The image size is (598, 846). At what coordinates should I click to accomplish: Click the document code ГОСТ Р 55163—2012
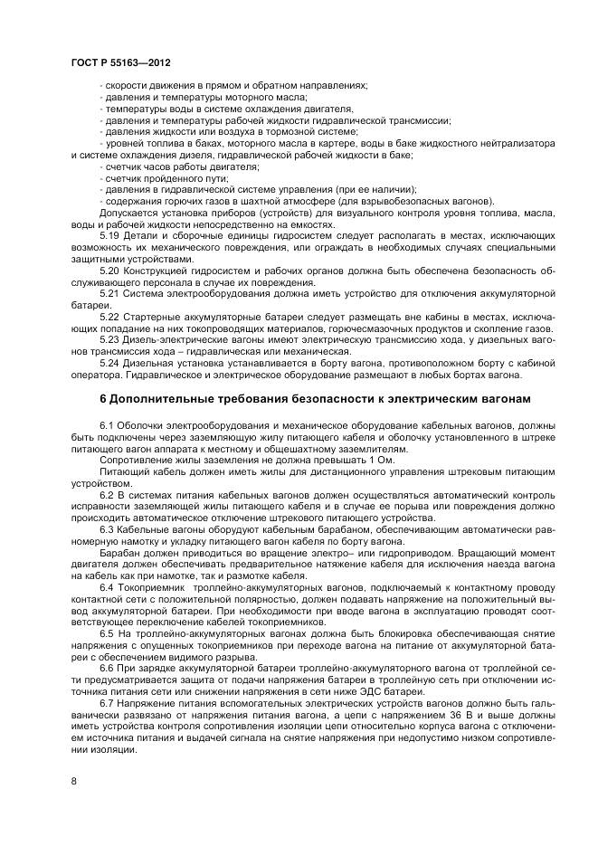tap(120, 62)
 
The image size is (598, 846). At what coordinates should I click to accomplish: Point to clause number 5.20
tap(109, 271)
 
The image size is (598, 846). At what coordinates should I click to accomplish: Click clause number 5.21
tap(109, 294)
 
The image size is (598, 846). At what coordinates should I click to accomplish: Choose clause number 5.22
tap(109, 318)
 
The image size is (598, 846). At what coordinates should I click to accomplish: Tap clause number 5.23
tap(109, 341)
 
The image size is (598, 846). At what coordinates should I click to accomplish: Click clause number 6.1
tap(107, 425)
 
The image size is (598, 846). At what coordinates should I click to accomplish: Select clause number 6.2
tap(107, 495)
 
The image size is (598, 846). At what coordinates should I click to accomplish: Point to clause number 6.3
tap(107, 530)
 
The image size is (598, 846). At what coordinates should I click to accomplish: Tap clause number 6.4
tap(107, 589)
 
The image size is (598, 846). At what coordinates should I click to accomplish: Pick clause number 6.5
tap(107, 636)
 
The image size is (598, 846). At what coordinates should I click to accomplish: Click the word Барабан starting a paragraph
tap(119, 554)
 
